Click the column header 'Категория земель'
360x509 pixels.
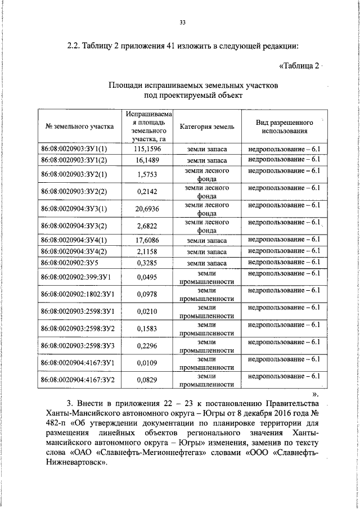click(x=207, y=127)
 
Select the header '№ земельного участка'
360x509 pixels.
click(x=79, y=127)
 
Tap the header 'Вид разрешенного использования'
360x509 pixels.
click(x=284, y=127)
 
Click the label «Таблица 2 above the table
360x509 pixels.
click(x=299, y=66)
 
